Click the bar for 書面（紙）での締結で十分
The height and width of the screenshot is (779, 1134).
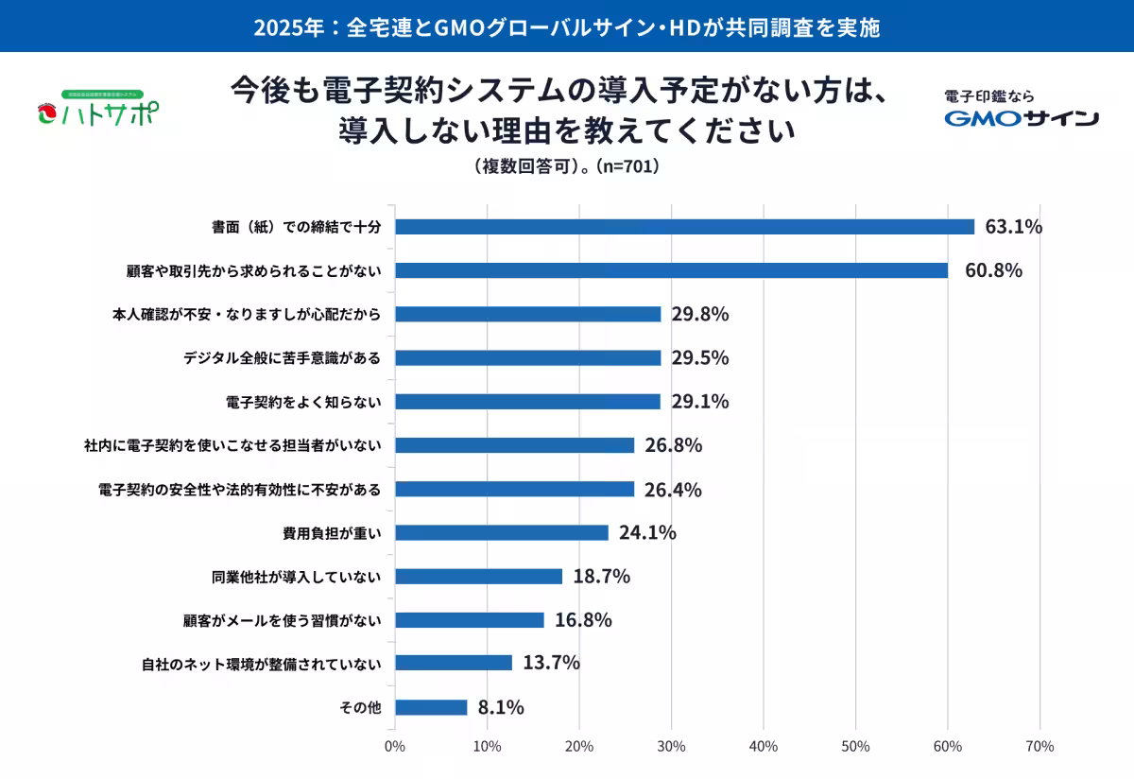[x=684, y=227]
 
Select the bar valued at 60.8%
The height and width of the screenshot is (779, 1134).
[x=671, y=270]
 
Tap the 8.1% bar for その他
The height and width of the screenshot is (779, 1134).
[x=431, y=707]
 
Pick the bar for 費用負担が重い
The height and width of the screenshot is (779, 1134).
[x=502, y=532]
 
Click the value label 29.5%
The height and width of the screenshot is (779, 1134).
[x=700, y=358]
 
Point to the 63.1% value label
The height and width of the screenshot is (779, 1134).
[x=1013, y=227]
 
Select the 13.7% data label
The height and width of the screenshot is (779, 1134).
[x=551, y=664]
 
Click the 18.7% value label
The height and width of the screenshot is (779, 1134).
[x=601, y=576]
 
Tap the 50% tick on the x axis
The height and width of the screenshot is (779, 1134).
[x=855, y=747]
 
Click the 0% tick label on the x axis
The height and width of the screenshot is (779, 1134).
[x=395, y=747]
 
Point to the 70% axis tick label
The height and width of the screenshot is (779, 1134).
[x=1039, y=747]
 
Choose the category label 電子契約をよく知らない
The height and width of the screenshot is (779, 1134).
[x=303, y=402]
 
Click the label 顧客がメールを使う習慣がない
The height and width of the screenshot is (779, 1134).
[x=282, y=620]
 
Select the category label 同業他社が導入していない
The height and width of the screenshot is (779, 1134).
[x=296, y=576]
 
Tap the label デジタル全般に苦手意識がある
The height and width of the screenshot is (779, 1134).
[x=282, y=358]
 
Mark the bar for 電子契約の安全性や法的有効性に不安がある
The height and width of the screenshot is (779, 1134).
[x=515, y=489]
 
